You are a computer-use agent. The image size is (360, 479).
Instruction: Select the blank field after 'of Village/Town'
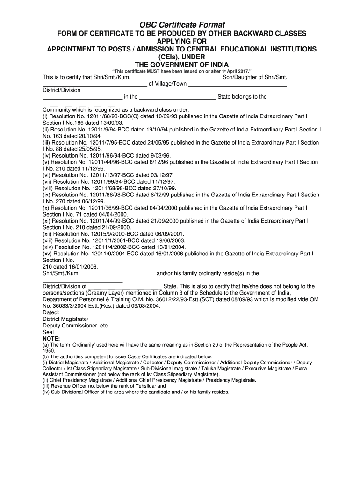click(237, 84)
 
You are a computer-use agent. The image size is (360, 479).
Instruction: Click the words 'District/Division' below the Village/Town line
click(61, 90)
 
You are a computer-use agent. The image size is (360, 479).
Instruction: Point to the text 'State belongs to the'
click(242, 97)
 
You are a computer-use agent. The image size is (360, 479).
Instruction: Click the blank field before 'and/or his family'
click(118, 273)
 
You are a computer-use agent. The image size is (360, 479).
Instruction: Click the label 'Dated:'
click(51, 312)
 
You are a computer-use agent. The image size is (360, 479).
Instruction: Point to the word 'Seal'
click(48, 332)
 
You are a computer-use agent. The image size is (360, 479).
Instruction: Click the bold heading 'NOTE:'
click(51, 338)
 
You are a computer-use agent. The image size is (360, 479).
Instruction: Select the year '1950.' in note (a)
click(49, 350)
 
